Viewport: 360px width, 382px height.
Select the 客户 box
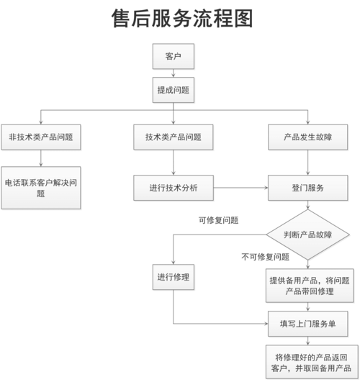tap(174, 55)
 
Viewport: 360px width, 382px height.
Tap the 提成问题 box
tap(174, 90)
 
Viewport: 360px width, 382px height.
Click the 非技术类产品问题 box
tap(40, 137)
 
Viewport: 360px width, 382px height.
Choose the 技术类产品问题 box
tap(174, 137)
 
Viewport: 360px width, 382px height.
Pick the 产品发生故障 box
tap(308, 137)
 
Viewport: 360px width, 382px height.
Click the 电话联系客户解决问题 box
tap(40, 188)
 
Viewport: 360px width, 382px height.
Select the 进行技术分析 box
tap(174, 188)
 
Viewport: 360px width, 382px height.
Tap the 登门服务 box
tap(308, 188)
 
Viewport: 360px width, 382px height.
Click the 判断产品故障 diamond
tap(308, 235)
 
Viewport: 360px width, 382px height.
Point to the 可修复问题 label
tap(218, 220)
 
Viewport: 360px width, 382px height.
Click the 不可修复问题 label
tap(265, 256)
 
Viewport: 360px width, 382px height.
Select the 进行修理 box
tap(174, 277)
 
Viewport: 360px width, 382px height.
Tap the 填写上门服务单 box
tap(308, 323)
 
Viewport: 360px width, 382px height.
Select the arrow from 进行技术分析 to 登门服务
tap(241, 188)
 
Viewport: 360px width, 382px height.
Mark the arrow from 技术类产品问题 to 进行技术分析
tap(174, 163)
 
